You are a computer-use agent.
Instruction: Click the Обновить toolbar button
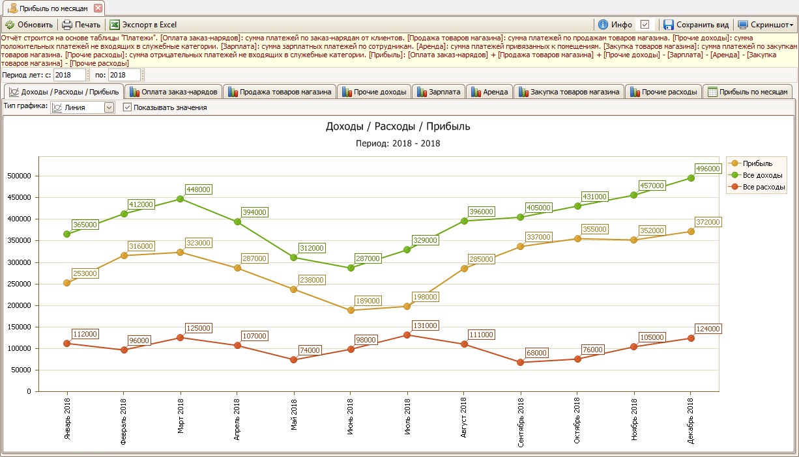point(29,25)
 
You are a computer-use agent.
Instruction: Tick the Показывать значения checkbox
point(128,107)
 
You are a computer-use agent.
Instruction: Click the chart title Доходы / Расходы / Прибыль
point(398,126)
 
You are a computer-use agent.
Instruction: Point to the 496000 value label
point(708,169)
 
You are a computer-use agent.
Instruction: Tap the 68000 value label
point(536,353)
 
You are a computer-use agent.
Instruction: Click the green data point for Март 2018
point(181,199)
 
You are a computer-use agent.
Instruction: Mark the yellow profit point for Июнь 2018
point(351,310)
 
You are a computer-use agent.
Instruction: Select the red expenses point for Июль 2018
point(407,335)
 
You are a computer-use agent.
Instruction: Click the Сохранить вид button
point(695,25)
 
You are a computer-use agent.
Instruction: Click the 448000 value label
point(198,189)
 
